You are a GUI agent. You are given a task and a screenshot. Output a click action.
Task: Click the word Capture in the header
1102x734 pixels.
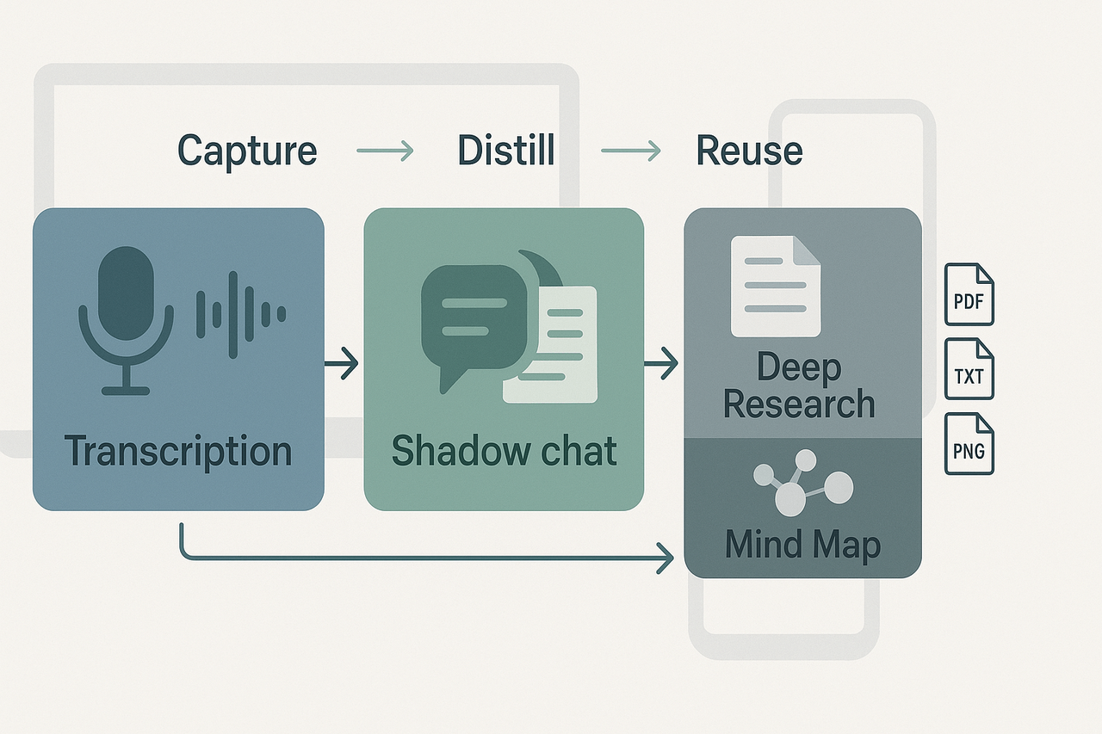point(247,151)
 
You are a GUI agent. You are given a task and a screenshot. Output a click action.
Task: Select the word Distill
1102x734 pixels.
point(506,151)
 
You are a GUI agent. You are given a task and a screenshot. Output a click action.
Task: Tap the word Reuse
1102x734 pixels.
point(749,151)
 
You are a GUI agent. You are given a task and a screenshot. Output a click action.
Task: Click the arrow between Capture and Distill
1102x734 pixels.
point(385,152)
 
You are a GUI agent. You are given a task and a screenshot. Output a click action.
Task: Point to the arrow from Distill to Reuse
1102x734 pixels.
point(630,152)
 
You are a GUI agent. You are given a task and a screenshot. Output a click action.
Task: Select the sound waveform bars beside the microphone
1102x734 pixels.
point(240,313)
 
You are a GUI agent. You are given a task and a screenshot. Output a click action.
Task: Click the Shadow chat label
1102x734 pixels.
point(505,450)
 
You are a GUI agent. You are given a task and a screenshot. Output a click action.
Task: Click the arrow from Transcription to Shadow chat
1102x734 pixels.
point(342,364)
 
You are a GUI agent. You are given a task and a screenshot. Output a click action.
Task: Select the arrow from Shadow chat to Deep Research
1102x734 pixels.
point(662,364)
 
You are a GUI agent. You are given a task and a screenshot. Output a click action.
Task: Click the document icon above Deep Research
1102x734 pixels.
point(775,286)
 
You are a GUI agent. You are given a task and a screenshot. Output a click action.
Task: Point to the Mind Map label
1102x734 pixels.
point(802,545)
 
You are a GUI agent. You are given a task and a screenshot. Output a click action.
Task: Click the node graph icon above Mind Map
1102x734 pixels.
point(801,484)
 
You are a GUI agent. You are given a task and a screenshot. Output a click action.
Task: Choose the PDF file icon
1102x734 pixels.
point(969,294)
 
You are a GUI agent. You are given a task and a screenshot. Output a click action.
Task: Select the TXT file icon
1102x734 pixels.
point(969,369)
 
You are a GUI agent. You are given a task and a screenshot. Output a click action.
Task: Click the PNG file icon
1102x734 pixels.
point(969,444)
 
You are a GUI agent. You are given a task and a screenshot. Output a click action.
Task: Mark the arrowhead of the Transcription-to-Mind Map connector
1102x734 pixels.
point(666,558)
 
